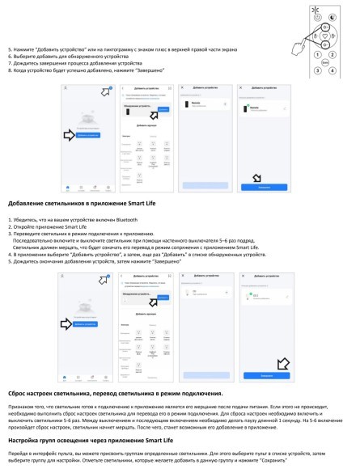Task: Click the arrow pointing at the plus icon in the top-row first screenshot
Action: [104, 91]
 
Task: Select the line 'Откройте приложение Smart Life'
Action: [48, 227]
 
